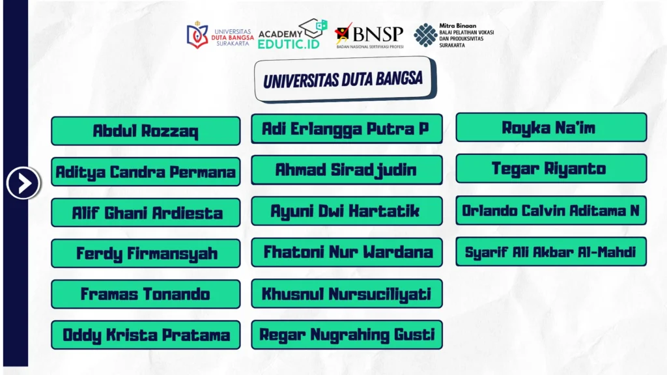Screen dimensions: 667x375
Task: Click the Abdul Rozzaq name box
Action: coord(145,131)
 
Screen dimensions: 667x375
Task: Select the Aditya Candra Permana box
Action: coord(145,172)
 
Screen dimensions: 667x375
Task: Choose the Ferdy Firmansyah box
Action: coord(145,253)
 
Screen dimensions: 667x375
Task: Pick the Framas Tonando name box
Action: coord(145,294)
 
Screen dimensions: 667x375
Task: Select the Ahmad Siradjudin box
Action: coord(347,170)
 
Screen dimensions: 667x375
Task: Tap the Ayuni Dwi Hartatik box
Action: coord(347,211)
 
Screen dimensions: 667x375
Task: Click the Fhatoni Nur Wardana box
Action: coord(347,252)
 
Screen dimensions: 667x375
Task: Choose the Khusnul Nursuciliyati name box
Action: coord(347,294)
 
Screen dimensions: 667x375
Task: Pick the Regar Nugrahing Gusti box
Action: coord(347,335)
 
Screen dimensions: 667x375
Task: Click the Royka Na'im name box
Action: coord(551,127)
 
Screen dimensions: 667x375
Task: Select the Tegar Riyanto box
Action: coord(551,169)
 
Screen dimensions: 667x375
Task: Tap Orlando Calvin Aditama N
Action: coord(551,210)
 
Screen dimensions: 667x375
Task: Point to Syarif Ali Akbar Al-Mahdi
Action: coord(551,251)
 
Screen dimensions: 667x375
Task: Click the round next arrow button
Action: coord(23,183)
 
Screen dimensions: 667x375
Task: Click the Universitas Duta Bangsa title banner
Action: coord(345,79)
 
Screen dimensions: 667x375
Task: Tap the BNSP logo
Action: coord(369,36)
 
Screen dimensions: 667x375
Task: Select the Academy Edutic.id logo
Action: coord(292,34)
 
